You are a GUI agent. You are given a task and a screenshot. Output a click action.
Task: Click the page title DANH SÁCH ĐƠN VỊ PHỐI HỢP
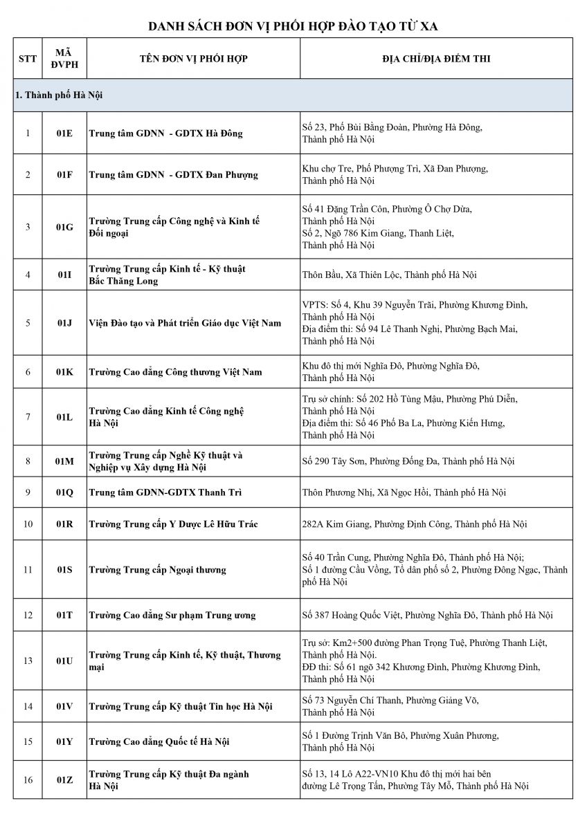pos(293,26)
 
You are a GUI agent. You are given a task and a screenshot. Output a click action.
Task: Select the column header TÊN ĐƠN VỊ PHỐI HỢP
pos(193,59)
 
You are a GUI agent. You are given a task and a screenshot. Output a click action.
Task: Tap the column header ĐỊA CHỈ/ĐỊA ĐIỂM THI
pos(436,59)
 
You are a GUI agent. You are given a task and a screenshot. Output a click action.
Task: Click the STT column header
pos(28,59)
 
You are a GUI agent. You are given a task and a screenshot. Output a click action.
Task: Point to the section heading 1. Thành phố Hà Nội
pos(59,95)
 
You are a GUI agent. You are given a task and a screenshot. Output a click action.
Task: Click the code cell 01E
pos(64,133)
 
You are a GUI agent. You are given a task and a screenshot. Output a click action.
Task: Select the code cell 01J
pos(64,323)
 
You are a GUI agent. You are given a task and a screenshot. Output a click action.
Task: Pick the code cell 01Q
pos(64,492)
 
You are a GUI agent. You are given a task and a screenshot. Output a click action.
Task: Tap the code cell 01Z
pos(64,780)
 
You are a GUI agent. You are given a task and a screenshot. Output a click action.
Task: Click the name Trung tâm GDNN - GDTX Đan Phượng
pos(173,175)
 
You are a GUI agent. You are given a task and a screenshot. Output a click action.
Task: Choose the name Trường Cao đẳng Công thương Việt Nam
pos(175,372)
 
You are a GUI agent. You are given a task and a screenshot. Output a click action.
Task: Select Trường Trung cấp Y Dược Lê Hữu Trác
pos(173,524)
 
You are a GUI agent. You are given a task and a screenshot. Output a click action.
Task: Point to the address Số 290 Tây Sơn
pos(408,461)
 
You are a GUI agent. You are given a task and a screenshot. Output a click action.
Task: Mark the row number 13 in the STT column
pos(28,661)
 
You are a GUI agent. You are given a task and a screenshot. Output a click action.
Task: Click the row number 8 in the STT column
pos(28,461)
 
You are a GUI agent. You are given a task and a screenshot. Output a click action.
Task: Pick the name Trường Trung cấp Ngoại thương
pos(157,570)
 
